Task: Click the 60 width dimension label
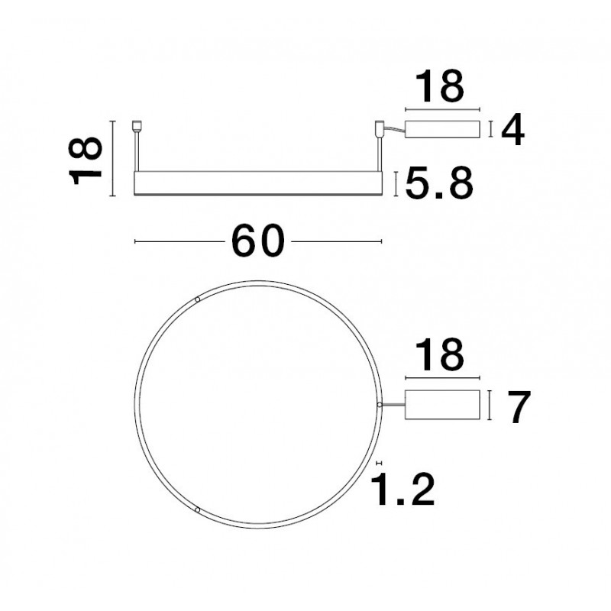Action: [x=258, y=241]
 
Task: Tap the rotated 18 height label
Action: [x=86, y=160]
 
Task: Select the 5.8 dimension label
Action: [x=439, y=183]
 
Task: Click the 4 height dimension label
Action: [x=512, y=130]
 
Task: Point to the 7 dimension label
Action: [x=519, y=406]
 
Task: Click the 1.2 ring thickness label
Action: [x=402, y=489]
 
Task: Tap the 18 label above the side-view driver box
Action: [x=440, y=86]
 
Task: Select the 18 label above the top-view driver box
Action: [x=440, y=355]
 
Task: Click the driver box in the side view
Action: [x=442, y=129]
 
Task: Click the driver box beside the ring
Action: [x=442, y=405]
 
